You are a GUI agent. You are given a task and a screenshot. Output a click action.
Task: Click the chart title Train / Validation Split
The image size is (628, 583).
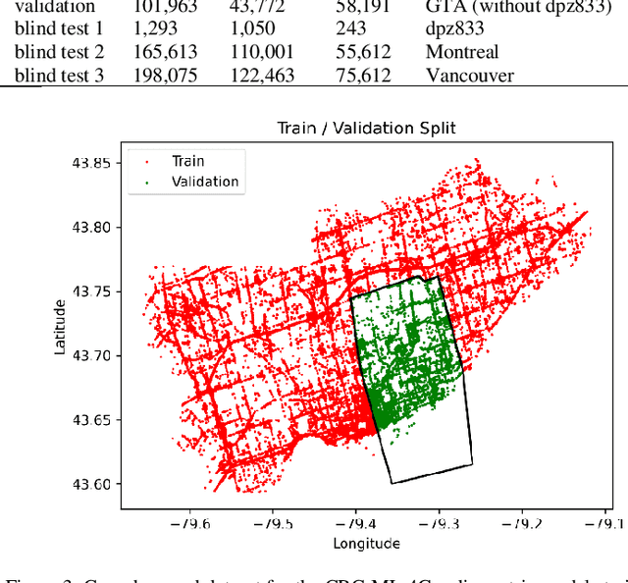click(x=366, y=129)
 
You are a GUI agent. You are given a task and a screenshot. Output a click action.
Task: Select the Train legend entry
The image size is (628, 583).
click(x=187, y=161)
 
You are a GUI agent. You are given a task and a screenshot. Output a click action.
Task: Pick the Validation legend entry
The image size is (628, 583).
click(x=204, y=182)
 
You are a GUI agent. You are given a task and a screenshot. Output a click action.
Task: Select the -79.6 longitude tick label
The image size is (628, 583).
click(x=190, y=524)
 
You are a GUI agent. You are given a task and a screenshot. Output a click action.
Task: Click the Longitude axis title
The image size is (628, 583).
click(x=366, y=543)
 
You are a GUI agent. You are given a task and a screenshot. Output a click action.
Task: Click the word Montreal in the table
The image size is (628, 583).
click(x=461, y=52)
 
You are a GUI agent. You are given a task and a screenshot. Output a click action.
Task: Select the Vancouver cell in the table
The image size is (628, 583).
click(x=469, y=75)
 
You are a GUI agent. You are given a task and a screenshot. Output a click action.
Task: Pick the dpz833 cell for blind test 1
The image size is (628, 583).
click(x=454, y=29)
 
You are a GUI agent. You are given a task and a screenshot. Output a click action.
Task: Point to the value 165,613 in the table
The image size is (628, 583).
click(x=163, y=52)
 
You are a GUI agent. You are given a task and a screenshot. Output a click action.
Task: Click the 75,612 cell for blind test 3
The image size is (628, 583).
click(x=363, y=75)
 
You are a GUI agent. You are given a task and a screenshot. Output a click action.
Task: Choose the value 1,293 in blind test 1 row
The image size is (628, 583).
click(x=154, y=29)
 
